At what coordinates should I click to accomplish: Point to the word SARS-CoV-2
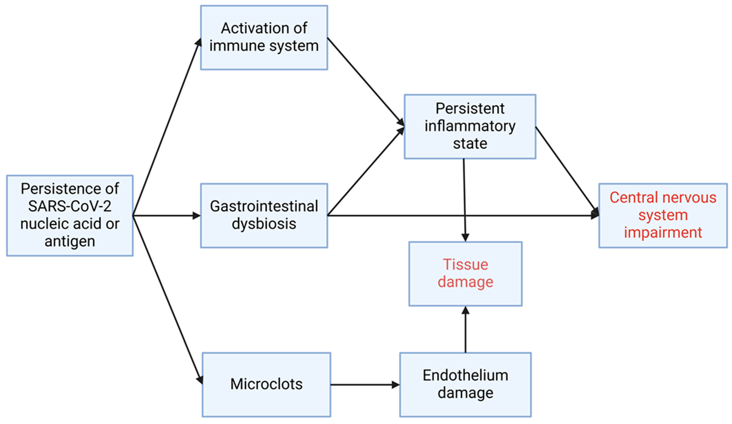(70, 206)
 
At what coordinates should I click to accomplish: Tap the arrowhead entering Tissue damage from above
(465, 237)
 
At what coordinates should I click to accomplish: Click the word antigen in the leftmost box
(70, 241)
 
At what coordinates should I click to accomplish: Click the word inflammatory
(470, 126)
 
